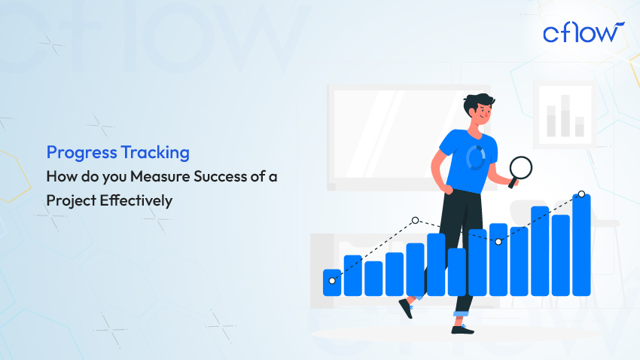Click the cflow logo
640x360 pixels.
[584, 32]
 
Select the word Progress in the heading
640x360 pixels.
[81, 153]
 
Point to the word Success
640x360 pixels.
[221, 177]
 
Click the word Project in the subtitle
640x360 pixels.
[71, 201]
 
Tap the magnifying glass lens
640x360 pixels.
[521, 167]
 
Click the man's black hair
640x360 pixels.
[477, 102]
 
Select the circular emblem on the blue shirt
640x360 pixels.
[476, 157]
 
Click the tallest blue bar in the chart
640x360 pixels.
[581, 245]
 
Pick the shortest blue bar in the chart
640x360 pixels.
[332, 282]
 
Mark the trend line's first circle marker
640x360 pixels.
[332, 281]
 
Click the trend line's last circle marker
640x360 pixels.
[581, 194]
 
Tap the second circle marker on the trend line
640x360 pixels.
[415, 221]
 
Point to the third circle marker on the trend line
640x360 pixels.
[498, 242]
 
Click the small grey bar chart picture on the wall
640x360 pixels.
[565, 114]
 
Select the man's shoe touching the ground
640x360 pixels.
[462, 329]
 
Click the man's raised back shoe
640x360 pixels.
[406, 308]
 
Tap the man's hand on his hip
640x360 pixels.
[447, 190]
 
